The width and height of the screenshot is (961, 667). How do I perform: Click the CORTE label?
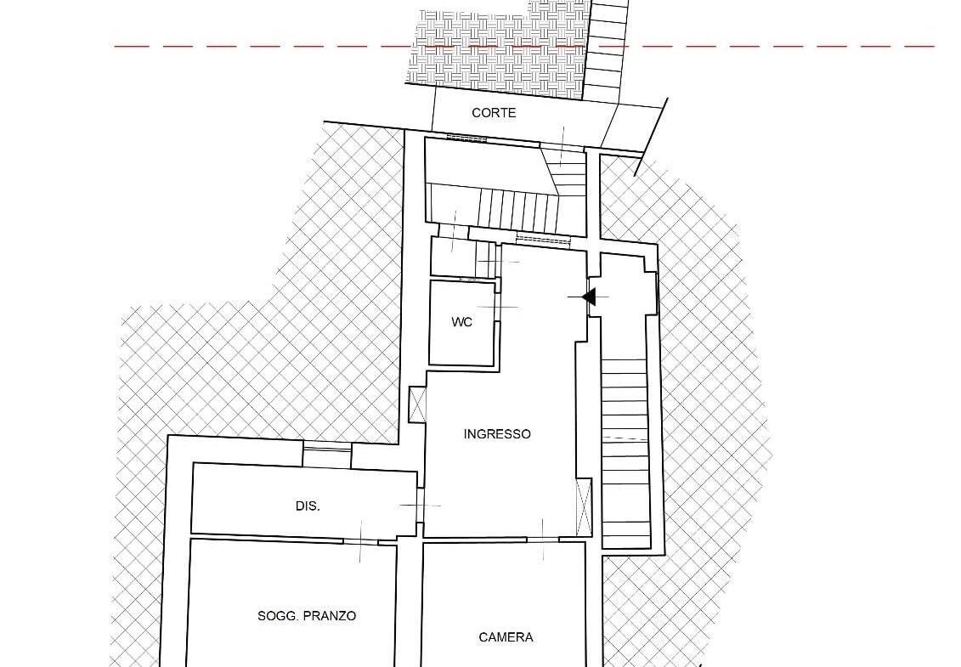(x=494, y=113)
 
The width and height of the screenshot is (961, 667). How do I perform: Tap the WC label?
(x=461, y=322)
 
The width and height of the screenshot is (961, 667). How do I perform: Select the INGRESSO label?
(x=497, y=434)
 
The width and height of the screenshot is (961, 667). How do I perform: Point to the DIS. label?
(x=308, y=506)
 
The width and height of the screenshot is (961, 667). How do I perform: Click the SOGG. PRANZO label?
(x=307, y=616)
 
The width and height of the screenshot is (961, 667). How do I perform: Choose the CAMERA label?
(x=506, y=637)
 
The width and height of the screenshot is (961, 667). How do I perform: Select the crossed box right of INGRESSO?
(x=584, y=506)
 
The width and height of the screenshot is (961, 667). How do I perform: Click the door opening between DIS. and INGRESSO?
(x=421, y=506)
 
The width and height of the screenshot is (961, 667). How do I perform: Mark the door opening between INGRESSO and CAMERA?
(x=543, y=540)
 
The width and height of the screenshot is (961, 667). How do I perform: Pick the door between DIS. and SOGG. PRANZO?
(x=360, y=541)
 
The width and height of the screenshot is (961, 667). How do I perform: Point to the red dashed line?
(x=524, y=46)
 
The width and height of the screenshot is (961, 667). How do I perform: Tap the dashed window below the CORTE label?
(x=466, y=138)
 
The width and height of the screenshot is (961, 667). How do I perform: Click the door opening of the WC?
(x=498, y=307)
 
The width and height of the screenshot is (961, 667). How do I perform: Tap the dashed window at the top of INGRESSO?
(x=544, y=238)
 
